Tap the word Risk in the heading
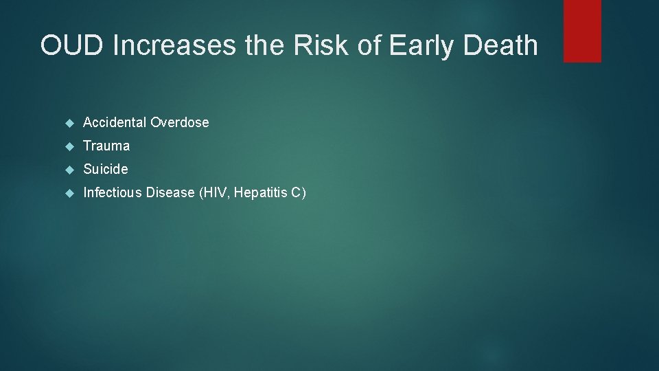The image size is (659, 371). (319, 46)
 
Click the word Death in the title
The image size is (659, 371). (502, 46)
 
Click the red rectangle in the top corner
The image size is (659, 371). (582, 31)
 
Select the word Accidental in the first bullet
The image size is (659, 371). (115, 123)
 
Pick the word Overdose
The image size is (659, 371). (179, 123)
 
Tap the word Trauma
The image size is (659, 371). (106, 146)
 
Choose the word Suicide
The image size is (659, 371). (106, 169)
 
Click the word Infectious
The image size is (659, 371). (113, 193)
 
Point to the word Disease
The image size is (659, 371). (171, 193)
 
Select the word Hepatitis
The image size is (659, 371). (260, 193)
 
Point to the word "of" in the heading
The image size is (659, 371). (370, 46)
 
